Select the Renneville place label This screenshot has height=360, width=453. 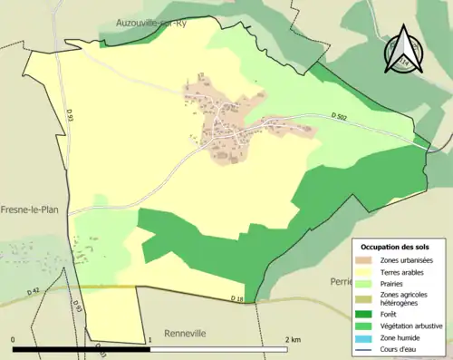[x=185, y=334]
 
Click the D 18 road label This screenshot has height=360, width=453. [x=236, y=298]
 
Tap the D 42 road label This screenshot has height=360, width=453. [x=34, y=290]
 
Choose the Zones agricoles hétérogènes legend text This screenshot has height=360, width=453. [x=407, y=299]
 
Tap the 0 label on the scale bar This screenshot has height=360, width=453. [x=14, y=340]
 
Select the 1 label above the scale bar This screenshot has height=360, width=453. [x=149, y=340]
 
